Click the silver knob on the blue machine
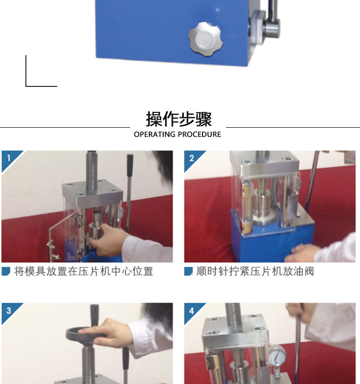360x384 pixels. (x=205, y=39)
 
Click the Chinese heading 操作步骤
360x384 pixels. (x=179, y=119)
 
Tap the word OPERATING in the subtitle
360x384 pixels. (x=155, y=134)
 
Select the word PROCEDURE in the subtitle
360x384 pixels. (x=199, y=134)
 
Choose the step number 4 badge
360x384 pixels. (x=192, y=311)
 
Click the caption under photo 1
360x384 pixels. (x=84, y=271)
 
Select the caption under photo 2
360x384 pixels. (x=255, y=271)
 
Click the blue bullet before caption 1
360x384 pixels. (x=6, y=271)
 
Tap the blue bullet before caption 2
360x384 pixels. (x=189, y=271)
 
